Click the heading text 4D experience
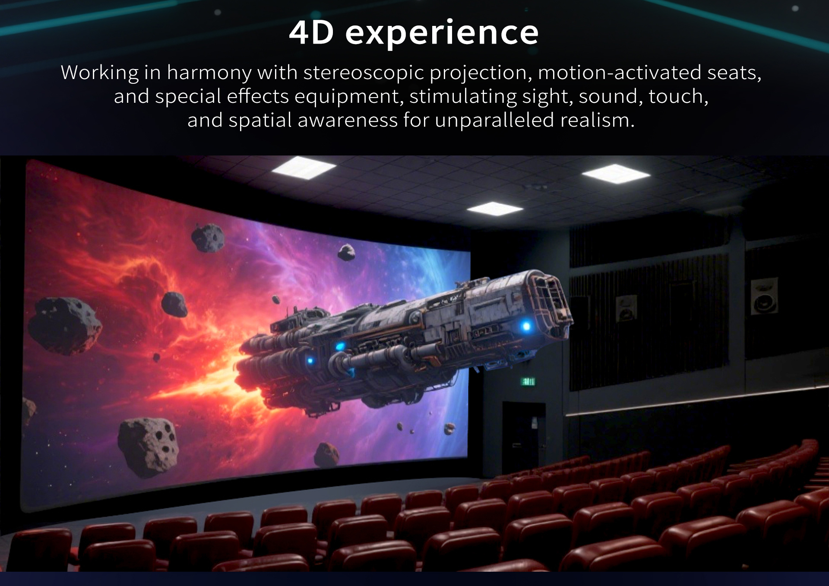coord(414,33)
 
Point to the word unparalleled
coord(494,120)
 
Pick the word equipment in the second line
coord(349,96)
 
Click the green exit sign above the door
coord(528,381)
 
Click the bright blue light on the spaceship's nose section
coord(526,326)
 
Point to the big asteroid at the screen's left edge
coord(64,325)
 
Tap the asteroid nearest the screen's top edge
coord(208,237)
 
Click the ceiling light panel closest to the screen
coord(304,168)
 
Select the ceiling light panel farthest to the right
coord(616,174)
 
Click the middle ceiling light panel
coord(495,209)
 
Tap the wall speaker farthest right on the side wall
coord(764,296)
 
